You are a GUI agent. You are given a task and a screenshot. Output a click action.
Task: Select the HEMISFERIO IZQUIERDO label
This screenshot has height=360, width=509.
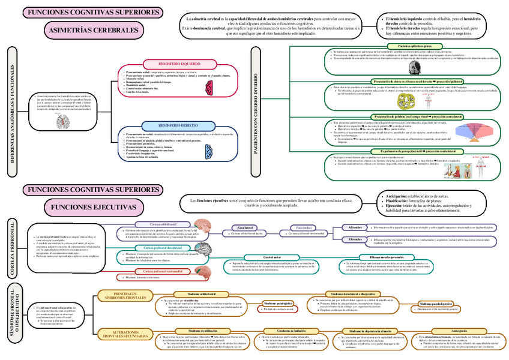point(179,63)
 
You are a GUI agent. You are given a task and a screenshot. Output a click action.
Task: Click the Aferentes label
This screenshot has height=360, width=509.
point(355,227)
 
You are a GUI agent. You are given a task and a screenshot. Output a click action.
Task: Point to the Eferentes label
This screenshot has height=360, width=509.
point(355,239)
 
